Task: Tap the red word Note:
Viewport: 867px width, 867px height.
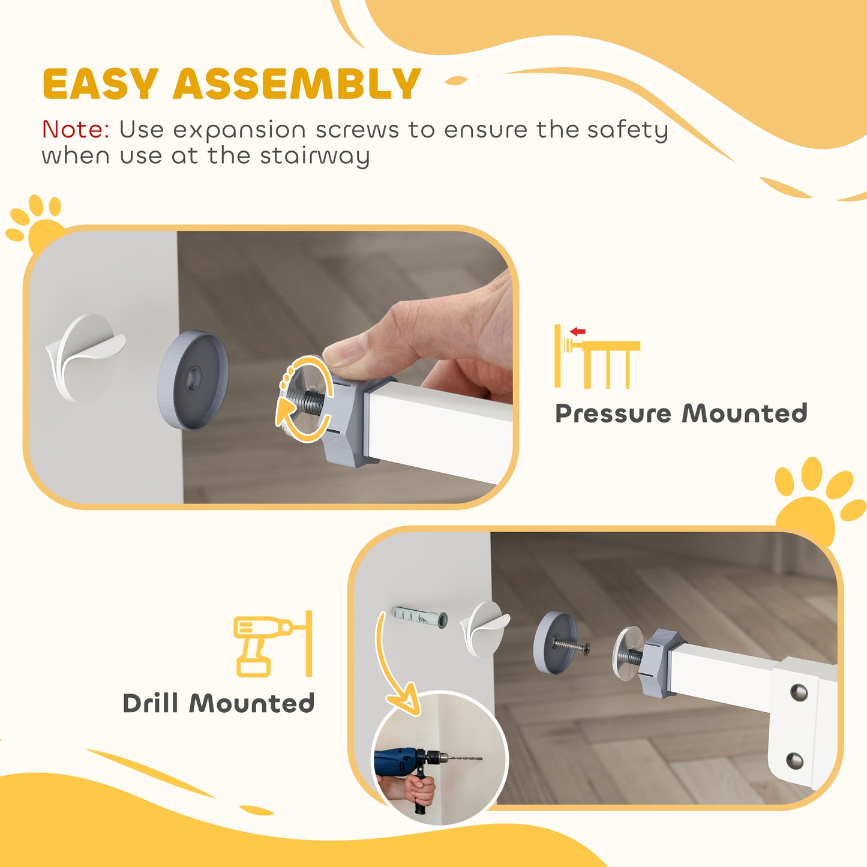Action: (x=76, y=130)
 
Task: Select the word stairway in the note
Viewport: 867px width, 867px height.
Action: (x=314, y=157)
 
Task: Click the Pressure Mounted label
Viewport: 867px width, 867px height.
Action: (x=681, y=413)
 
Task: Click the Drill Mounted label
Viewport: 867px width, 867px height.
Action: (x=218, y=703)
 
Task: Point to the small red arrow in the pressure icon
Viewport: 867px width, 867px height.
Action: (x=577, y=331)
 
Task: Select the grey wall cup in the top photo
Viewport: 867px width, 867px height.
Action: (x=193, y=380)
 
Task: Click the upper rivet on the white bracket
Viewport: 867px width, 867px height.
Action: (x=798, y=692)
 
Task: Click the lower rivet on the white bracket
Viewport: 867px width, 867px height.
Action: (x=794, y=761)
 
